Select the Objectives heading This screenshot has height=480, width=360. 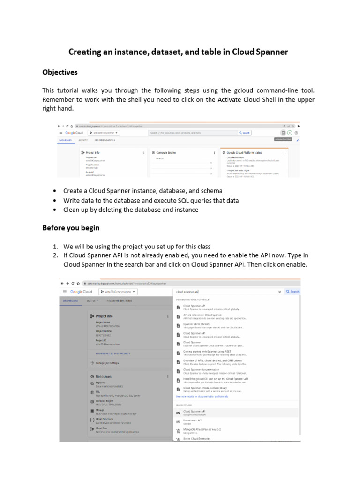[60, 72]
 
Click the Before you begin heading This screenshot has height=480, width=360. [71, 228]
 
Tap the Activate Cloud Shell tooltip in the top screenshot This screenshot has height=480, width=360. [283, 139]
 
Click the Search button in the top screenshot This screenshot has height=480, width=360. [245, 133]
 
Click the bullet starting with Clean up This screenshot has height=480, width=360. [131, 210]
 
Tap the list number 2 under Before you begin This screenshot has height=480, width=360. [55, 255]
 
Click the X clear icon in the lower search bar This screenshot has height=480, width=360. [280, 292]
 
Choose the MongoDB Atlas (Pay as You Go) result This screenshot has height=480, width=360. [202, 429]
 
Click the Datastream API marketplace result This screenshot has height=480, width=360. [193, 420]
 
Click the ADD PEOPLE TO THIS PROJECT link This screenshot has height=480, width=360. [113, 353]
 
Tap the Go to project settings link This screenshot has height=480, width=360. [107, 363]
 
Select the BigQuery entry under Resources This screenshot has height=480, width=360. [101, 382]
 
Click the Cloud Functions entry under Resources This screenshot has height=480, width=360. [104, 419]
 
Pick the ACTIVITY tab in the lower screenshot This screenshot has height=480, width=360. [92, 301]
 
